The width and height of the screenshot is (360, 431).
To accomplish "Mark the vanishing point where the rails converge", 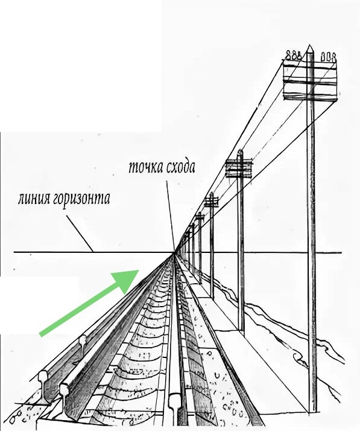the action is (x=174, y=252).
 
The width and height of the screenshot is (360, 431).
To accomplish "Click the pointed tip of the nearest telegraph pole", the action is (x=310, y=45).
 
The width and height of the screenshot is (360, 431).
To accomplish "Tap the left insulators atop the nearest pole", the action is (x=292, y=56).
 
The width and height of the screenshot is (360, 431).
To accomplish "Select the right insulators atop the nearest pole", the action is (x=329, y=57).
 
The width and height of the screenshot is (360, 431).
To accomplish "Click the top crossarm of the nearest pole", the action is (x=311, y=65).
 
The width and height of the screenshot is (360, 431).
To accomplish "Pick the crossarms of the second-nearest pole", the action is (x=239, y=168).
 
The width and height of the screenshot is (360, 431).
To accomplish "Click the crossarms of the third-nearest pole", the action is (x=211, y=202).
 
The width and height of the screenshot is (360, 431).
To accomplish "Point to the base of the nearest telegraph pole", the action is (x=312, y=412).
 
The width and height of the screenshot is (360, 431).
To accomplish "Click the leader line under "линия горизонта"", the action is (x=80, y=234).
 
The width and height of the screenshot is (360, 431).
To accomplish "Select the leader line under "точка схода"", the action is (x=170, y=215).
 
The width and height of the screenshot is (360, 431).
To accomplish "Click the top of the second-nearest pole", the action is (x=240, y=152).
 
